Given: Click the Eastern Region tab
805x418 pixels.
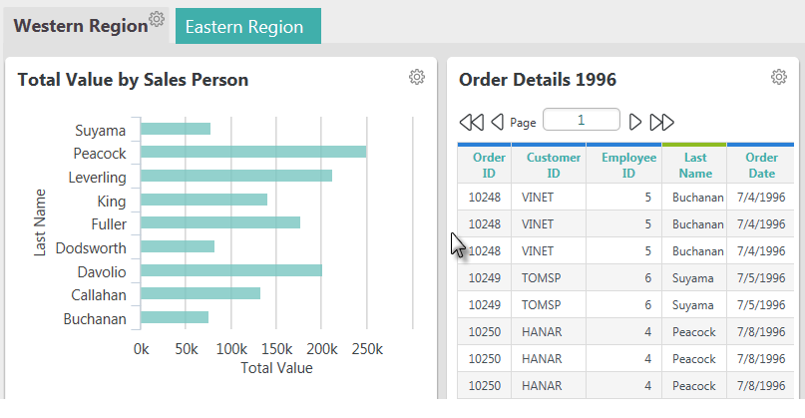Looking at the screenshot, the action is (248, 26).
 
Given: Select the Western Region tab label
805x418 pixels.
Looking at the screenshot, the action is (81, 26).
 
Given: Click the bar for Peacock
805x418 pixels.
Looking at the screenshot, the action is (253, 152).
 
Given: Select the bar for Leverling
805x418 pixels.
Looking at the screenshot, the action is (236, 176).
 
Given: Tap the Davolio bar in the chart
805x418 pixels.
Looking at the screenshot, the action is (231, 270).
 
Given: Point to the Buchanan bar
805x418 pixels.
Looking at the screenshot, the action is (175, 317).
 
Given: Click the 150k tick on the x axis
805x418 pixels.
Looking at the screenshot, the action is (276, 349).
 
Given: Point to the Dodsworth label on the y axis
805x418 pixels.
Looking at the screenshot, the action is (91, 248).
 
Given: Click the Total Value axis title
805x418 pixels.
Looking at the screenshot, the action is (276, 368).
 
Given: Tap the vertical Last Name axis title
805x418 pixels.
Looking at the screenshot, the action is (40, 222).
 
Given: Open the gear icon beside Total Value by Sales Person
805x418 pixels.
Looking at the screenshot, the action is (417, 77).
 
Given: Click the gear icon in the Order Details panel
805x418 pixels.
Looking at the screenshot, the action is (779, 77).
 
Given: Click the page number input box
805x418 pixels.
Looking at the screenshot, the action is (582, 120).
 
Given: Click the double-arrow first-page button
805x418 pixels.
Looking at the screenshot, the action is (471, 123).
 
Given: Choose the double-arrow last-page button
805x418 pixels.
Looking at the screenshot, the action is (661, 123).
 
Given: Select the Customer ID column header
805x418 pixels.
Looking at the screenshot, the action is (554, 165).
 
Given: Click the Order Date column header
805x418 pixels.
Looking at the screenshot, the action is (761, 165).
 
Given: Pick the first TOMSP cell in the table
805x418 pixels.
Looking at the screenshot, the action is (541, 277).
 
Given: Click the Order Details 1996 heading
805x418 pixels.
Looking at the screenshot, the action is (538, 80).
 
